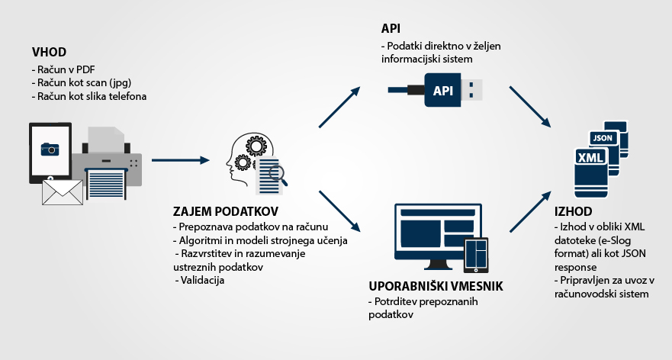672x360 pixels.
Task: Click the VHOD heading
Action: coord(50,53)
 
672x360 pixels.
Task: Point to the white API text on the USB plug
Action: coord(443,90)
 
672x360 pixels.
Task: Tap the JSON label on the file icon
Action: coord(603,138)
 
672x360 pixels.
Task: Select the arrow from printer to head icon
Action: coord(180,160)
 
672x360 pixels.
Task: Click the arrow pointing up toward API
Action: coord(339,106)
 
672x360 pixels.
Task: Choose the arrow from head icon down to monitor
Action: coord(339,210)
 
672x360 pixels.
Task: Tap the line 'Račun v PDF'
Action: coord(60,70)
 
